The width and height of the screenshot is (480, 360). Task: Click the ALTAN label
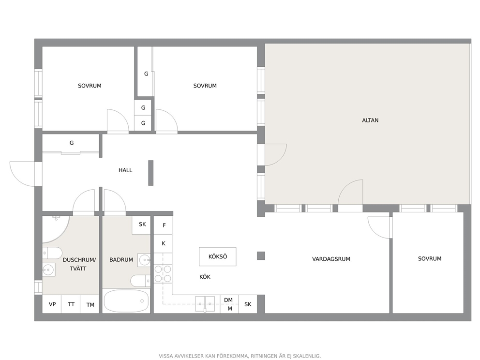[x=370, y=120]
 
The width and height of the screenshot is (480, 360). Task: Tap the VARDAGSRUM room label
[x=331, y=259]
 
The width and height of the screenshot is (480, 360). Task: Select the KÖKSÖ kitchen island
[x=218, y=256]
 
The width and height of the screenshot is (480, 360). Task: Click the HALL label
[x=125, y=170]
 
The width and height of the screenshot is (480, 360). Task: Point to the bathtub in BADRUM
[x=126, y=301]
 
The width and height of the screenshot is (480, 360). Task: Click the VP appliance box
[x=52, y=304]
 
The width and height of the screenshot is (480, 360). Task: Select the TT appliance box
[x=71, y=304]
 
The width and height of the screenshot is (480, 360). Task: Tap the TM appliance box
[x=90, y=304]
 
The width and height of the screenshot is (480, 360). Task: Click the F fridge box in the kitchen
[x=163, y=225]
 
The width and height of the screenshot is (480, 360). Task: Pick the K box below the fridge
[x=163, y=244]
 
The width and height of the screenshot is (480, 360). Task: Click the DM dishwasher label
[x=228, y=300]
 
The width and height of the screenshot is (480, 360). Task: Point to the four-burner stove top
[x=163, y=274]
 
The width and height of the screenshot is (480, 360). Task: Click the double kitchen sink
[x=205, y=304]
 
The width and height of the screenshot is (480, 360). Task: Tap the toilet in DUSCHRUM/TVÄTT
[x=52, y=253]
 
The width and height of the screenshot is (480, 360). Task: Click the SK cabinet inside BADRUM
[x=141, y=225]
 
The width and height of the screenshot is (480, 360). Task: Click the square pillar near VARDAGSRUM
[x=261, y=255]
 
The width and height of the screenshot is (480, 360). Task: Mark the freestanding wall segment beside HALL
[x=150, y=173]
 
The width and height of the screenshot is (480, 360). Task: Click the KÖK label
[x=205, y=277]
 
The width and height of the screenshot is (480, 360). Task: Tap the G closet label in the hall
[x=72, y=143]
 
